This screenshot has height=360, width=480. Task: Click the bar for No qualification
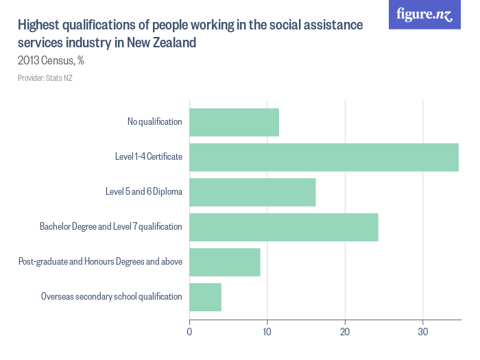click(234, 122)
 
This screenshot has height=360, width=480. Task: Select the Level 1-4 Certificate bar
click(324, 157)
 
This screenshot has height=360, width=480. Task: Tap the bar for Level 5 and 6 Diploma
click(252, 192)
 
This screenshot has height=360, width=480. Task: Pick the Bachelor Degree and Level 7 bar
click(283, 227)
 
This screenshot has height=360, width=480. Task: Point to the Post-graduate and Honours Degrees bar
click(224, 262)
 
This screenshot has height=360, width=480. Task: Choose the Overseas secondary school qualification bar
click(205, 297)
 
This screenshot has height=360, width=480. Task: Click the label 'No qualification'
click(154, 122)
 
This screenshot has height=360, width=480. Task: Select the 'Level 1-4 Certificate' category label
click(148, 157)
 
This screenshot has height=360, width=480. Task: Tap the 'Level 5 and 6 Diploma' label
click(143, 192)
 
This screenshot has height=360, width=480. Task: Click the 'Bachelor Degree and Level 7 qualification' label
click(110, 227)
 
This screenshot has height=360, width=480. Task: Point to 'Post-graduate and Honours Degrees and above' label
click(100, 262)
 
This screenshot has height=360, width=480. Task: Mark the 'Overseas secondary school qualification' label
click(111, 297)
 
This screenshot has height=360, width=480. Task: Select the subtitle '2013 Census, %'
click(51, 60)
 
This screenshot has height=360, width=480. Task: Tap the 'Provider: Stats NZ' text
click(45, 78)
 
